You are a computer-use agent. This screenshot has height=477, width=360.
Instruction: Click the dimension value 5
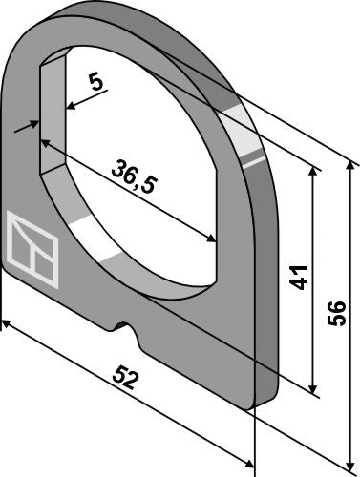(x=96, y=83)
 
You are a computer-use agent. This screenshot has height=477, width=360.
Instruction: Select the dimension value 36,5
(x=134, y=177)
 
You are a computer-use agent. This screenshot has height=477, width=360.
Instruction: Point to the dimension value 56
(x=336, y=314)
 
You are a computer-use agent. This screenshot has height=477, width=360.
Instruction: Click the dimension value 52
(x=126, y=378)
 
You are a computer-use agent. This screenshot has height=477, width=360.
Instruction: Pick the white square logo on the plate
(x=32, y=250)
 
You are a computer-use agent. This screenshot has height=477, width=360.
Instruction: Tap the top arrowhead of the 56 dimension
(x=350, y=168)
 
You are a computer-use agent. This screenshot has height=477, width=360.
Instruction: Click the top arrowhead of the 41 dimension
(x=313, y=172)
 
